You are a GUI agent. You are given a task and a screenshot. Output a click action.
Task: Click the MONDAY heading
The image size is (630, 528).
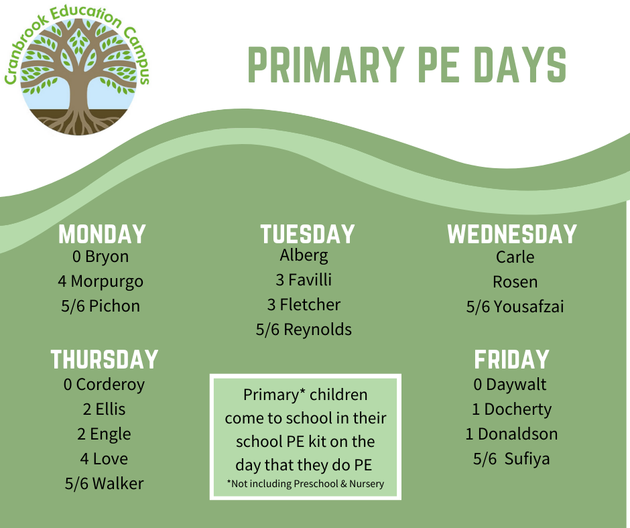pos(102,235)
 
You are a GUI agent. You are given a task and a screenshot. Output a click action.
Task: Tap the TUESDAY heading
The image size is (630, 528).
pos(308,235)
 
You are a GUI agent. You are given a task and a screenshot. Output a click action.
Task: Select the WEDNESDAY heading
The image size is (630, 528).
pos(512,235)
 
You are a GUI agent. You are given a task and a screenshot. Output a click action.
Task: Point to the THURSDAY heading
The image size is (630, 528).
pos(105,359)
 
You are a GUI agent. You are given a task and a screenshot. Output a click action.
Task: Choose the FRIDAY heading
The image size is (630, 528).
pos(511,359)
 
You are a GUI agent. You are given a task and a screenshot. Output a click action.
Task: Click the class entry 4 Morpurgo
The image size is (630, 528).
pos(101,282)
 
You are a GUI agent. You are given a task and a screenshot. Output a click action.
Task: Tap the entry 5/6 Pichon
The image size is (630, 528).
pos(101,306)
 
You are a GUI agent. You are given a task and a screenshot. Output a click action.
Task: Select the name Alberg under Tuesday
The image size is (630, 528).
pos(304,256)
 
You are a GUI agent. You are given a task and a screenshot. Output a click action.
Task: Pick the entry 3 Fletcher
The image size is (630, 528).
pos(304,305)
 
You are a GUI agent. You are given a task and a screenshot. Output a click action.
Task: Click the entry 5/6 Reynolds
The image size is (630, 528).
pos(304,330)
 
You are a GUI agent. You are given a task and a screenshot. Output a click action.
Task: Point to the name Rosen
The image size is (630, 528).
pos(515,282)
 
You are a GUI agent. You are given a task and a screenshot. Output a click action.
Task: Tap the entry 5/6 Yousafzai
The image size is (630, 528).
pos(515,307)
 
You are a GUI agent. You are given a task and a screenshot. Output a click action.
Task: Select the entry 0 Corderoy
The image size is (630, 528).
pos(104,385)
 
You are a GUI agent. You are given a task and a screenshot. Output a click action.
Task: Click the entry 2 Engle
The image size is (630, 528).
pos(104,435)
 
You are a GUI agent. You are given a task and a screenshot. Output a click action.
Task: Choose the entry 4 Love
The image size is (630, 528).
pos(104,459)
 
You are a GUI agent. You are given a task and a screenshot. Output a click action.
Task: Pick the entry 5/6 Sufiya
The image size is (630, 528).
pos(511,459)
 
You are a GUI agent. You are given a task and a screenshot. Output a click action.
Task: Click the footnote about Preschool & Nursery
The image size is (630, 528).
pos(306,484)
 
